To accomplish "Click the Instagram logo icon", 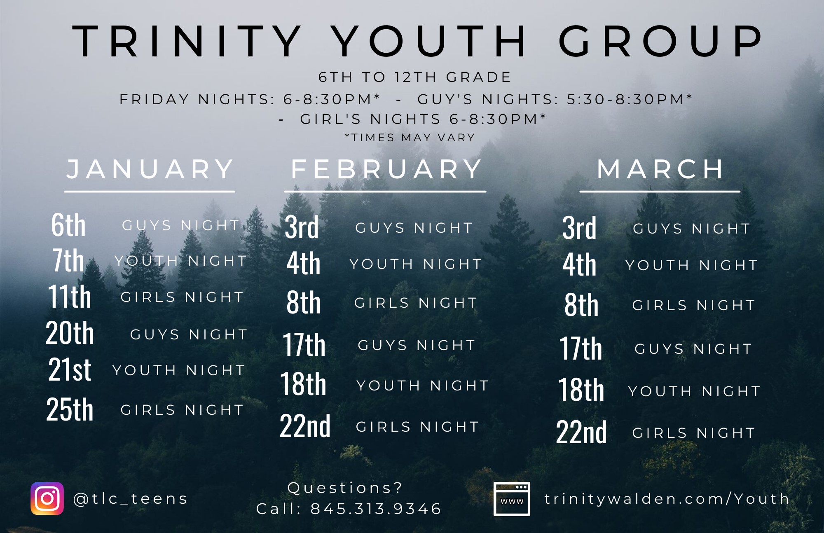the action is [47, 498].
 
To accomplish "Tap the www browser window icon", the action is [512, 499].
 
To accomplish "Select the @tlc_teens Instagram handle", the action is [130, 499].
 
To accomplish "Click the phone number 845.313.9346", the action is [376, 509].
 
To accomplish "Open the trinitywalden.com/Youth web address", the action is [667, 499].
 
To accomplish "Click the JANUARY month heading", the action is [150, 169].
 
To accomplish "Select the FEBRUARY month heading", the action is [386, 169].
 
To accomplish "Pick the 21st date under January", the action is [70, 369].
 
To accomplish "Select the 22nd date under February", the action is [305, 425].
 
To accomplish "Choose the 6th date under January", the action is [68, 225].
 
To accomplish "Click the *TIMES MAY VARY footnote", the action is [410, 138].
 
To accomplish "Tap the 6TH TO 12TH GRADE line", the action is [414, 77].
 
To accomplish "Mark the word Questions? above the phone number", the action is [344, 488].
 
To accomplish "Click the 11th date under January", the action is [69, 296].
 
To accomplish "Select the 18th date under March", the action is [581, 389].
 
